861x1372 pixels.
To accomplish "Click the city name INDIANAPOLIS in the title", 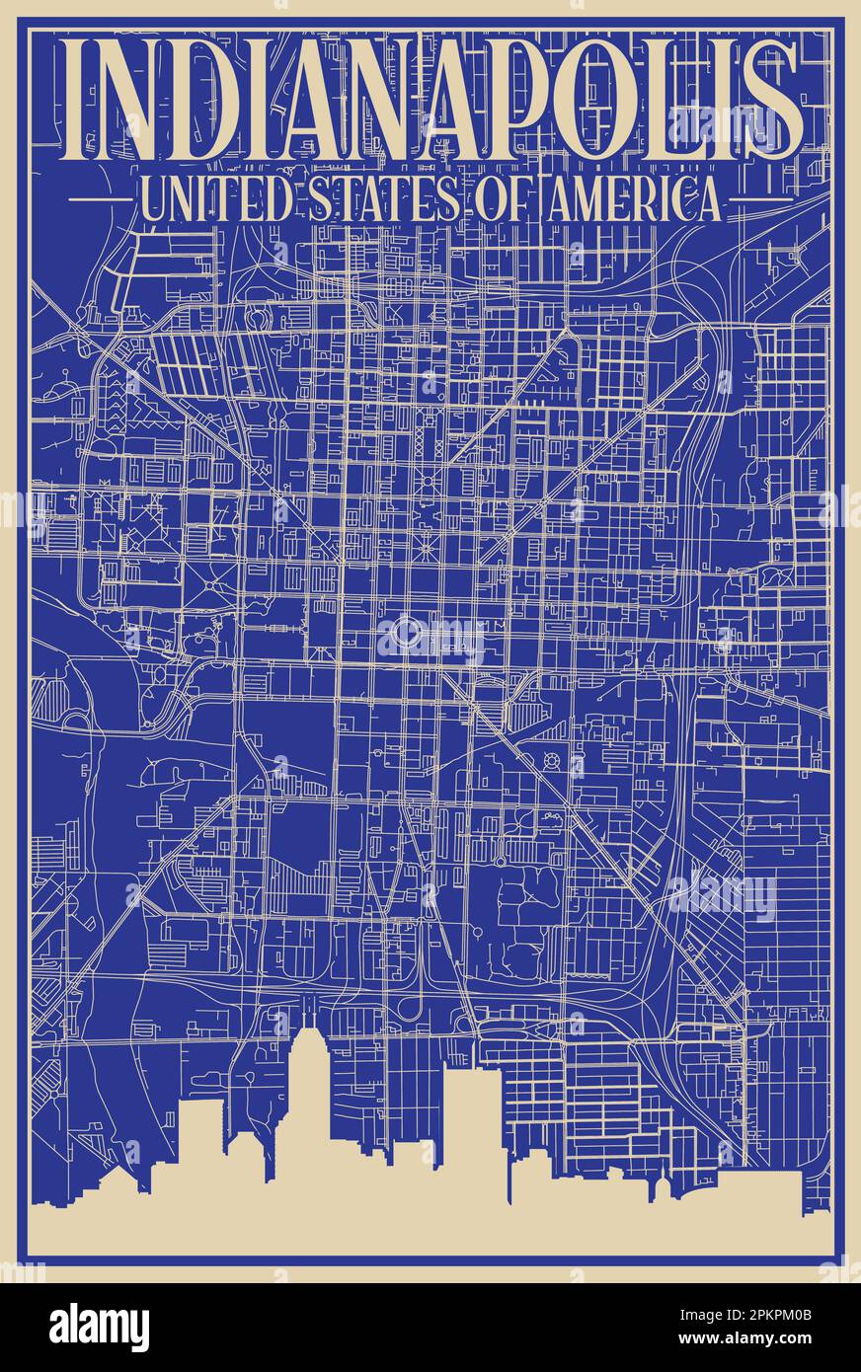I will click(x=430, y=102).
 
